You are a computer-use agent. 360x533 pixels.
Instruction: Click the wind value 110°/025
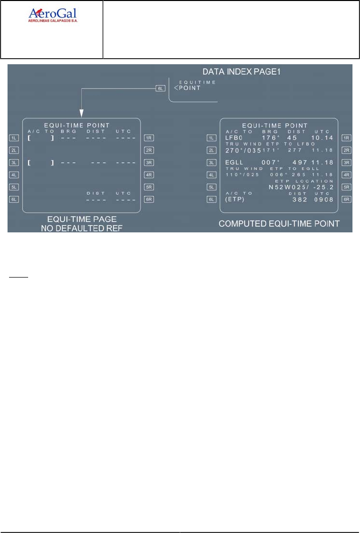pyautogui.click(x=240, y=175)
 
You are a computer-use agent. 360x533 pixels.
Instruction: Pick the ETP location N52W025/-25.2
pyautogui.click(x=301, y=187)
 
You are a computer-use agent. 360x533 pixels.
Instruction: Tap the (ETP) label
pyautogui.click(x=234, y=199)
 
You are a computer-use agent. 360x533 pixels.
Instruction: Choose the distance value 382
pyautogui.click(x=301, y=199)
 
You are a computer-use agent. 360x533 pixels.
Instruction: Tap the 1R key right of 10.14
pyautogui.click(x=345, y=138)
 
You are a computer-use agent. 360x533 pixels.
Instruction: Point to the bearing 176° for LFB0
pyautogui.click(x=271, y=138)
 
